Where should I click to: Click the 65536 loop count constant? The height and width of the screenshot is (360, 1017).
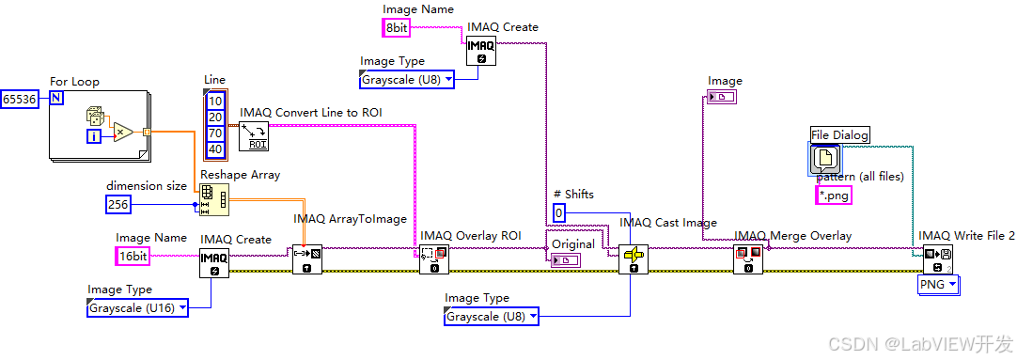(21, 100)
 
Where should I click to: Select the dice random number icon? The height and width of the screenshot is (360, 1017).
(95, 117)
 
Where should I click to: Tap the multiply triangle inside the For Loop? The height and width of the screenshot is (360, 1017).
(121, 132)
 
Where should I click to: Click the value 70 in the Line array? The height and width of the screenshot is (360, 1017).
(215, 133)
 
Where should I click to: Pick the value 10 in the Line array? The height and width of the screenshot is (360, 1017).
(215, 101)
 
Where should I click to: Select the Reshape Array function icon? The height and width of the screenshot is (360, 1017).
(213, 200)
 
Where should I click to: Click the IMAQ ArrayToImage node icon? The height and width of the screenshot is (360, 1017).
(307, 258)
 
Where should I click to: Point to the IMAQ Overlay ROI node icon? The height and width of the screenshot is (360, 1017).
(434, 258)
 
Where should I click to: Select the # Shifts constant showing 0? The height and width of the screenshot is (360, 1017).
(560, 213)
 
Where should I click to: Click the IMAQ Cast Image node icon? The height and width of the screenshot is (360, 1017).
(634, 258)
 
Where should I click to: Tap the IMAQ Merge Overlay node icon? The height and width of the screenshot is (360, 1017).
(748, 258)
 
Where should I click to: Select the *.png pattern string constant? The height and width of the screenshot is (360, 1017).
(833, 195)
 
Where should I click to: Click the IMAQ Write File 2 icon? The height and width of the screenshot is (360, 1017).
(938, 258)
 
